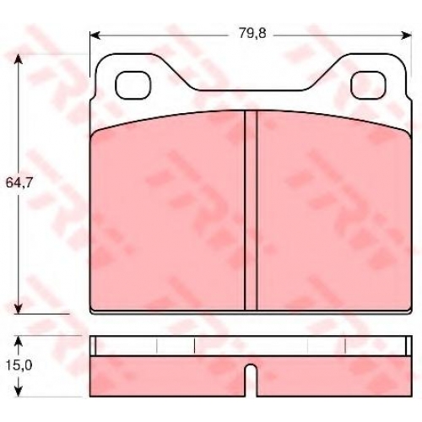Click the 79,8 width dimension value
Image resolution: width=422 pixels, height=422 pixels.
pyautogui.click(x=252, y=35)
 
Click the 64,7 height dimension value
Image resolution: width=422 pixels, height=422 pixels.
pyautogui.click(x=19, y=183)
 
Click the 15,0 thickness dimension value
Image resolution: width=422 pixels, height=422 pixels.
pyautogui.click(x=19, y=365)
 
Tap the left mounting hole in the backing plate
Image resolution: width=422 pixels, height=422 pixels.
pyautogui.click(x=133, y=85)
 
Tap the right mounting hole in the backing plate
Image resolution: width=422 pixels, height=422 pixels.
pyautogui.click(x=368, y=85)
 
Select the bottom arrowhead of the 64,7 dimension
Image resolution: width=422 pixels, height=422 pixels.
pyautogui.click(x=19, y=308)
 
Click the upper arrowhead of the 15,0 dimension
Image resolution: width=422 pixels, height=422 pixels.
pyautogui.click(x=19, y=342)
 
